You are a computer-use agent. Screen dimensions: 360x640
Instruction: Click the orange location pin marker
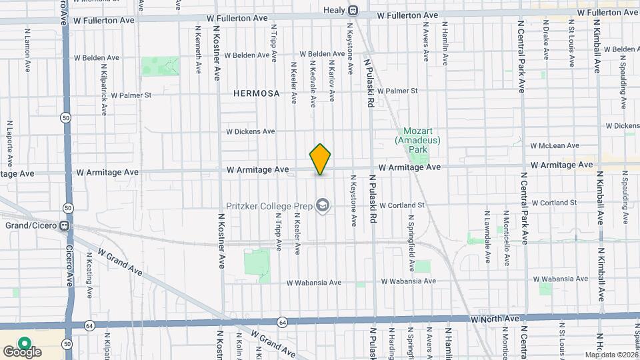321,159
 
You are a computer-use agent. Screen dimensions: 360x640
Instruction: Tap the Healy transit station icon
353,11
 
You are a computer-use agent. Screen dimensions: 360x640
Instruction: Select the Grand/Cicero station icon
65,225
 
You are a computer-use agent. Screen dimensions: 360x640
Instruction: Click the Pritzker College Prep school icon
323,205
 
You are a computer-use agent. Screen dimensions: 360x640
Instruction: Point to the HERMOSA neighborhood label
257,94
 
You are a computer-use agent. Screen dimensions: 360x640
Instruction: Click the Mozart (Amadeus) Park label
419,141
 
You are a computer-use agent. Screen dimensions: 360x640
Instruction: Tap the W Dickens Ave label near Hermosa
251,131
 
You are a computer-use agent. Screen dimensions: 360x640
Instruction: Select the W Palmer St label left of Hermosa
131,95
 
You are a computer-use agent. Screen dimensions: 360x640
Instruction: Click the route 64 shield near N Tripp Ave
283,322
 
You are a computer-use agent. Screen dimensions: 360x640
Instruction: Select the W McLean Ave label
555,145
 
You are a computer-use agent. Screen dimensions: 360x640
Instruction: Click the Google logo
22,351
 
